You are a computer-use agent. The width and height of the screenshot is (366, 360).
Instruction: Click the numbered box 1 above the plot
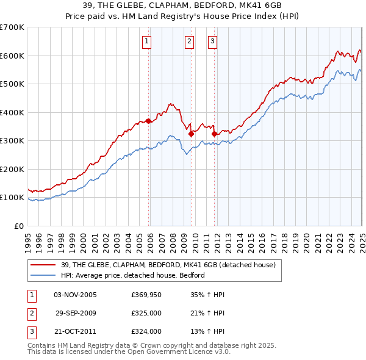tap(148, 41)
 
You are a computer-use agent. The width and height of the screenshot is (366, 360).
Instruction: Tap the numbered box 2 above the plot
tap(189, 41)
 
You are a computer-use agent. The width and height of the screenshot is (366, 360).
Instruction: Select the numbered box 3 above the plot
tap(212, 41)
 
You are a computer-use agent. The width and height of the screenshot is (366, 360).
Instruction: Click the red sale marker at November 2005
tap(149, 121)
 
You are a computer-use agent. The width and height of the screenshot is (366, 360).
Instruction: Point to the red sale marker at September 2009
tap(192, 134)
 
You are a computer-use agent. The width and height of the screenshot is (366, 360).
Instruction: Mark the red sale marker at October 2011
tap(214, 134)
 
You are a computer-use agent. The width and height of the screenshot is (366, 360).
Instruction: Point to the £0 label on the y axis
tap(18, 226)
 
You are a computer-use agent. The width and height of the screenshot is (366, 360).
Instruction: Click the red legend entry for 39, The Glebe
tap(168, 265)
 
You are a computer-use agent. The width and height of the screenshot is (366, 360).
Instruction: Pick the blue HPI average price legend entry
tap(132, 275)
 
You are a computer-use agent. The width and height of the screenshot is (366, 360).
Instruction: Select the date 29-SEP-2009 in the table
tap(76, 314)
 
